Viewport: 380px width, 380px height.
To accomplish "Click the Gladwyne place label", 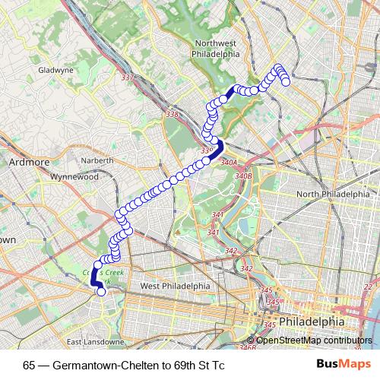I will pos(52,70).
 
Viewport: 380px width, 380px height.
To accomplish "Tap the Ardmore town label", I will pos(28,162).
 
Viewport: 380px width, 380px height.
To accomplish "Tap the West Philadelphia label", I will pos(175,286).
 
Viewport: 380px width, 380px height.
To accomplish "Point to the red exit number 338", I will pos(173,115).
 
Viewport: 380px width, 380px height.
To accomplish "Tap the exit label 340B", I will pos(242,176).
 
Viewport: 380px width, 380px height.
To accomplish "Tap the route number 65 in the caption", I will pos(29,365).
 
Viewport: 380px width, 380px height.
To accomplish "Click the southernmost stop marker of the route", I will pos(101,290).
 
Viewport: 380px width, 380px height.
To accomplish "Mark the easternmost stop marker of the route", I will pos(287,82).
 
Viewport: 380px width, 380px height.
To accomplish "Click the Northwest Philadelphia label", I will pos(217,49).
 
